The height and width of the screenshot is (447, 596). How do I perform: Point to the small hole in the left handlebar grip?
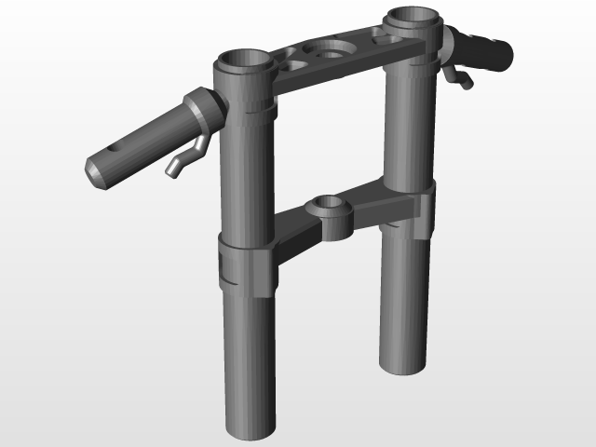tap(115, 148)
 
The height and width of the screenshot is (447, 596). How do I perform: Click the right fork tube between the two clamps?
tap(408, 130)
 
